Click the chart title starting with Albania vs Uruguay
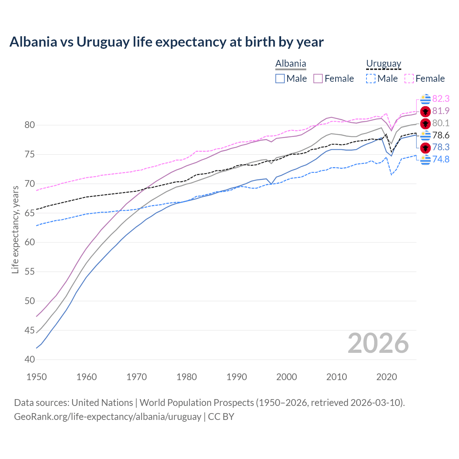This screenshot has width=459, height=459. (x=166, y=42)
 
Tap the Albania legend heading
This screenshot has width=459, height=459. (x=290, y=63)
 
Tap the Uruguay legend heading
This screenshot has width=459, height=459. (x=383, y=63)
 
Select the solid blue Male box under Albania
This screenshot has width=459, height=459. (x=280, y=79)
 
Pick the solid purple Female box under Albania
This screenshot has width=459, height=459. (x=318, y=79)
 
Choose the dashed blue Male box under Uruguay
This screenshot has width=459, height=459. (x=371, y=79)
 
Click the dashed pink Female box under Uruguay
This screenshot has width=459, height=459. (x=409, y=79)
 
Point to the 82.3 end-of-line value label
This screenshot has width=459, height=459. (x=441, y=99)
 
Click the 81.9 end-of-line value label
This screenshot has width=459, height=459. (x=441, y=111)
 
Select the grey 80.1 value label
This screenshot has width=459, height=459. (x=441, y=123)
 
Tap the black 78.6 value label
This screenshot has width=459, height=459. (x=441, y=135)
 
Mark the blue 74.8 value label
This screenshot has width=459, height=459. (x=441, y=159)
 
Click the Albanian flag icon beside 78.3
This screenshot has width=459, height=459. (x=425, y=147)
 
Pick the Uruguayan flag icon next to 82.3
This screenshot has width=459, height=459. (x=425, y=99)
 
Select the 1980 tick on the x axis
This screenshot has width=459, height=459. (x=187, y=377)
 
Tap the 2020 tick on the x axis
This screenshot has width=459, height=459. (x=387, y=377)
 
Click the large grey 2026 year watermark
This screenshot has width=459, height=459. (x=378, y=343)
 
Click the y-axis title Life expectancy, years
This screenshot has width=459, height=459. (x=15, y=229)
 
